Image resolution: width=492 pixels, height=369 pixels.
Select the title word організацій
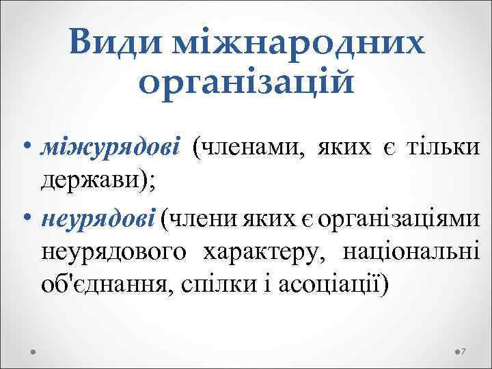(246, 83)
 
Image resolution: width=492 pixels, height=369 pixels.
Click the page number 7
(463, 351)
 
